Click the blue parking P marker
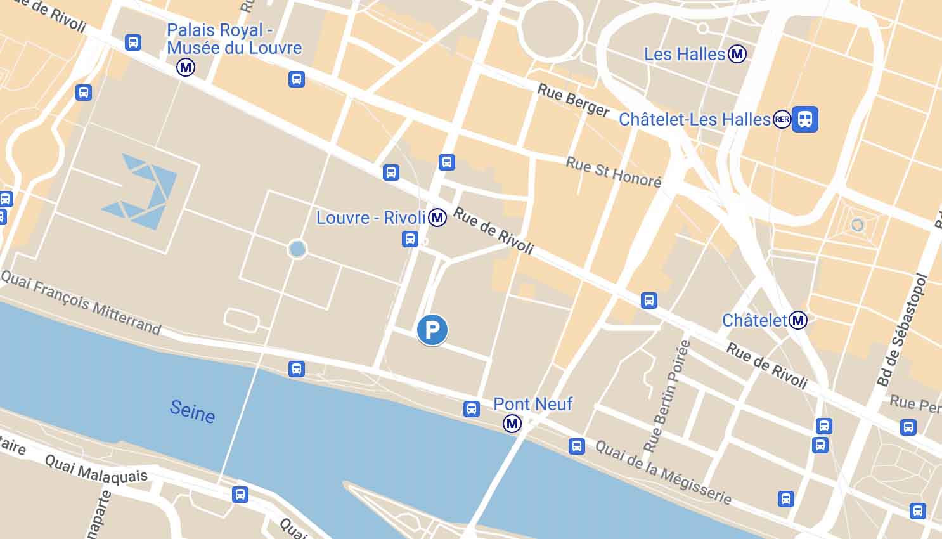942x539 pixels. tap(432, 330)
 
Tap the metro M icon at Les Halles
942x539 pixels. tap(737, 55)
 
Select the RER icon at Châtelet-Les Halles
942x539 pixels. tap(782, 119)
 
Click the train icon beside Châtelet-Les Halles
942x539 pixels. tap(805, 119)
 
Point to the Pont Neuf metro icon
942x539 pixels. tap(512, 424)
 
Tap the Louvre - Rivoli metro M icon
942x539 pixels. tap(437, 218)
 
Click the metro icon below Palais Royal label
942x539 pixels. tap(186, 67)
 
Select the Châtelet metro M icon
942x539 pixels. tap(798, 320)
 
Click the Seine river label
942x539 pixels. tap(192, 411)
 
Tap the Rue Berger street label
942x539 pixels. tap(573, 100)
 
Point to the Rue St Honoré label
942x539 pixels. tap(613, 172)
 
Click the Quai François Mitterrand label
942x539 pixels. tap(81, 302)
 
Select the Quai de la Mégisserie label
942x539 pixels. tap(663, 472)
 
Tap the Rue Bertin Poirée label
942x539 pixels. tap(667, 396)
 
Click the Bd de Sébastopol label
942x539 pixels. tap(902, 330)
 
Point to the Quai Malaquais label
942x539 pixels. tap(96, 469)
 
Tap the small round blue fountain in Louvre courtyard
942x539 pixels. tap(297, 249)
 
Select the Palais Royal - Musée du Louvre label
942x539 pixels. tap(234, 39)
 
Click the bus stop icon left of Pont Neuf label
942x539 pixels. tap(472, 409)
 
